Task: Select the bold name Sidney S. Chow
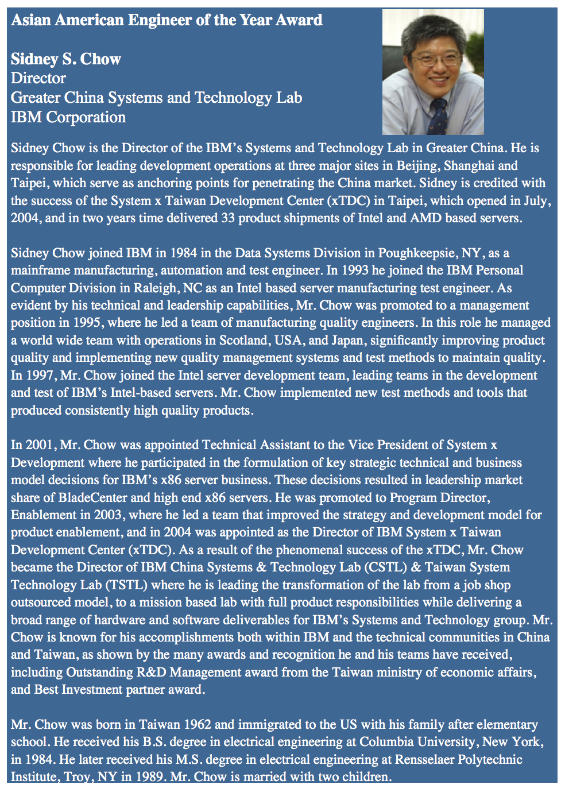(x=66, y=59)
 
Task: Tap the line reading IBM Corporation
(x=68, y=117)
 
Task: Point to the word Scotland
(x=243, y=341)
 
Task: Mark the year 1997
(x=39, y=376)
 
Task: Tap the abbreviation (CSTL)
(x=385, y=567)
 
